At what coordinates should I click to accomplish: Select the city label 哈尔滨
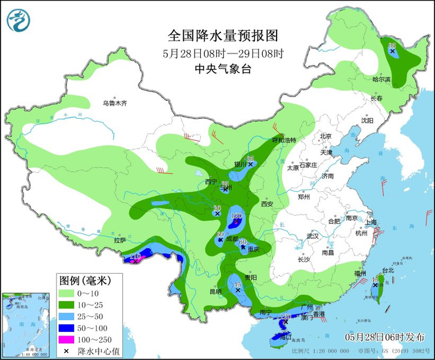(x=382, y=80)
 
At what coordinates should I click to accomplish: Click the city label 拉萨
(x=120, y=240)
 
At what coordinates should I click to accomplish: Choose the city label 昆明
(x=215, y=291)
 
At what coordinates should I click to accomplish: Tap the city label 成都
(x=232, y=238)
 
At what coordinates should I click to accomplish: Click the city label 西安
(x=267, y=203)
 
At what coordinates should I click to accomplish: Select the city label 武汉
(x=312, y=236)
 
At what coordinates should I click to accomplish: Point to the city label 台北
(x=387, y=270)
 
